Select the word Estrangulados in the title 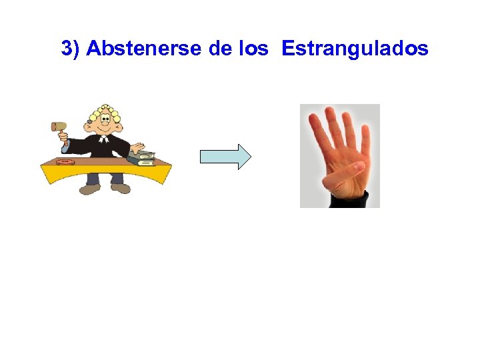point(355,49)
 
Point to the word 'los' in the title point(256,49)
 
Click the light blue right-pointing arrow point(225,157)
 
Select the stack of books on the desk point(141,159)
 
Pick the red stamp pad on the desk point(66,162)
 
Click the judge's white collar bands point(103,141)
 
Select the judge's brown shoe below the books point(121,189)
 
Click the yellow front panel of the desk point(107,173)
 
